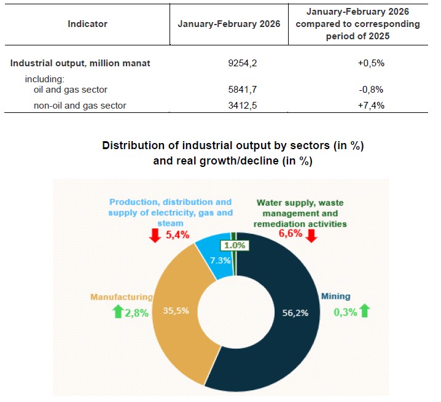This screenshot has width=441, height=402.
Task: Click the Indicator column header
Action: click(88, 24)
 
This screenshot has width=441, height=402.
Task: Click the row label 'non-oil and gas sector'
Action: click(80, 106)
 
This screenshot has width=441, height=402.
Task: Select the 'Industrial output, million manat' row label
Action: click(80, 63)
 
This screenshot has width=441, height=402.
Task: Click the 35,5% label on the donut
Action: click(176, 310)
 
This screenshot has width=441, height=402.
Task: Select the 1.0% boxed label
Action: click(234, 245)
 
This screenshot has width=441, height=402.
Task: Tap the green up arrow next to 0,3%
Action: click(365, 311)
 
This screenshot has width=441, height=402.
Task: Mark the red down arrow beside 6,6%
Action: click(312, 234)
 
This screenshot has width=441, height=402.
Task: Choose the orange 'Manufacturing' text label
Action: click(122, 297)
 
